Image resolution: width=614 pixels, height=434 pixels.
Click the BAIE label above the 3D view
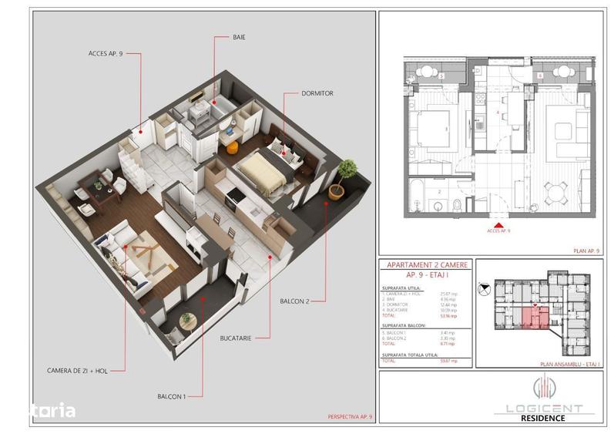(240, 36)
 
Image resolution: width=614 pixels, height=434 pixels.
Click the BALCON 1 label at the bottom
(173, 395)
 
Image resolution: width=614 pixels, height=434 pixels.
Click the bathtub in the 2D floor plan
(420, 190)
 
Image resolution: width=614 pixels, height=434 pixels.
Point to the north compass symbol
(484, 290)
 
